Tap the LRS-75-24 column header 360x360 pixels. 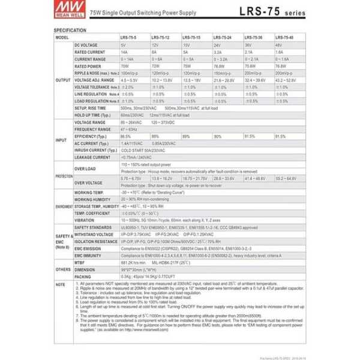(x=221, y=37)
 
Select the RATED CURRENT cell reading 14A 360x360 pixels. (x=124, y=52)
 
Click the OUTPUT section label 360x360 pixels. (x=62, y=80)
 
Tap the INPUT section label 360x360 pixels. (x=62, y=140)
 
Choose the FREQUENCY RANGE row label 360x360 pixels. (x=92, y=130)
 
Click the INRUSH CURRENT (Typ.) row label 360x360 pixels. (x=95, y=150)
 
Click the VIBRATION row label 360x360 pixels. (x=85, y=220)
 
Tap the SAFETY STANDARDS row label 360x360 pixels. (x=93, y=228)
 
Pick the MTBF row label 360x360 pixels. (x=80, y=262)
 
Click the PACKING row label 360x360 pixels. (x=83, y=276)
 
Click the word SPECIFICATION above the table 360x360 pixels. (x=70, y=29)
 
